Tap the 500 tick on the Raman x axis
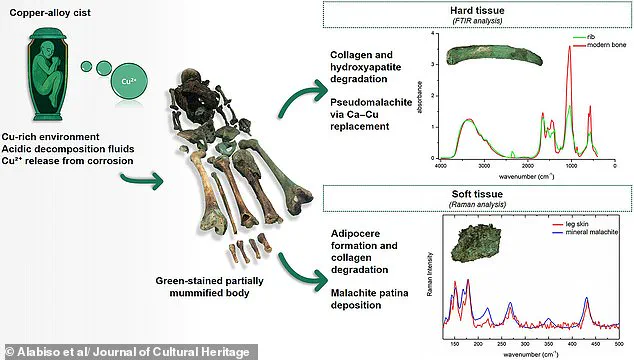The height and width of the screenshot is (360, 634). point(617,342)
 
